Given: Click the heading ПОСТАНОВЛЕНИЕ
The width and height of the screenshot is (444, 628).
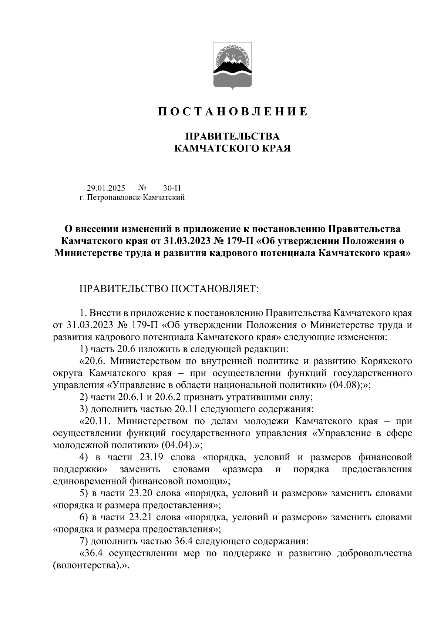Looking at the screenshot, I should pos(233,111).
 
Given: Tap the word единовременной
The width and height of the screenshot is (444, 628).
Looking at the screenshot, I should pos(90,481).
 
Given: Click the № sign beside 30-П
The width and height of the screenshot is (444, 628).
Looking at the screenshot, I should pos(142,188).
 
